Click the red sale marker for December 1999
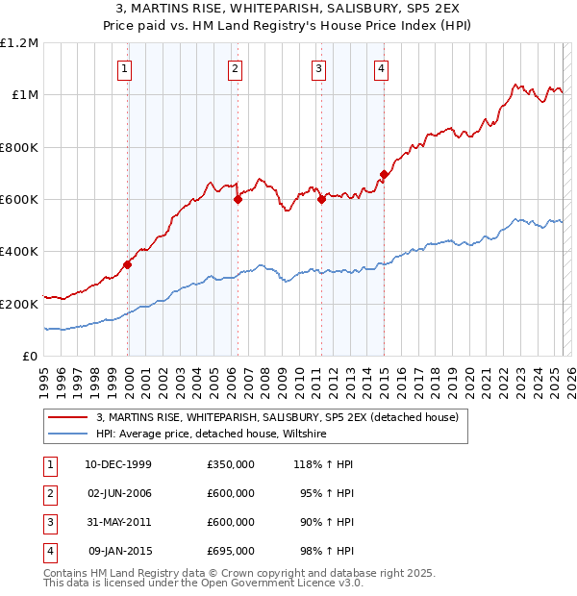[128, 264]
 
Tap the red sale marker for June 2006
[238, 200]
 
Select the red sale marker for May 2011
[321, 200]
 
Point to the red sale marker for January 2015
[384, 174]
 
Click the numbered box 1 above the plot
[126, 68]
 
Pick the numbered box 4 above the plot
[382, 68]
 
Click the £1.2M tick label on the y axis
[19, 43]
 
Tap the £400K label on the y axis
[19, 252]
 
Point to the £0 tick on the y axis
[30, 357]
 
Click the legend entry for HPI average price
[212, 435]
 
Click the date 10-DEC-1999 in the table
[118, 464]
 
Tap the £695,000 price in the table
[231, 551]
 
